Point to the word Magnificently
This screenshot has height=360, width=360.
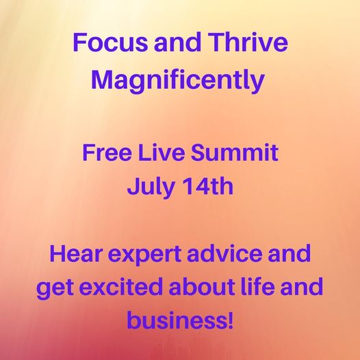tap(178, 79)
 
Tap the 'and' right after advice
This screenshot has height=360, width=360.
tap(290, 253)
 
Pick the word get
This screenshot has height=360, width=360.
tap(55, 288)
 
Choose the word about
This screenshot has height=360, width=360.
tap(202, 287)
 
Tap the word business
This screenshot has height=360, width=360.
tap(176, 320)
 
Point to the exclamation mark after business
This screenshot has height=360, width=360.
tap(230, 320)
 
